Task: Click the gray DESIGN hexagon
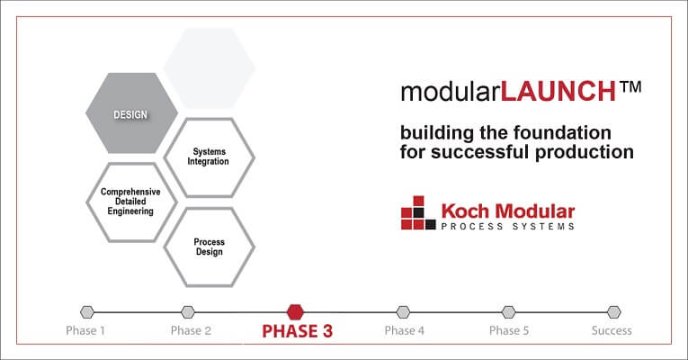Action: click(x=131, y=114)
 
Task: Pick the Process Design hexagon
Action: click(x=210, y=247)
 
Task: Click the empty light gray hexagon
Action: click(x=210, y=68)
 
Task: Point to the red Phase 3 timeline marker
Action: click(x=295, y=311)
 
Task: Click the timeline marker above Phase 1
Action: click(x=86, y=312)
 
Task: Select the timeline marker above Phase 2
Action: click(x=188, y=312)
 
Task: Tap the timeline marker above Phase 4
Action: click(x=403, y=312)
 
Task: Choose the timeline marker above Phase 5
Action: click(x=509, y=312)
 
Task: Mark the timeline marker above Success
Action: click(x=613, y=312)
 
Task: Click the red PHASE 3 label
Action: click(x=297, y=331)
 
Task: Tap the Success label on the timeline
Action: click(x=612, y=330)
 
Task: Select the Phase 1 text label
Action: click(x=85, y=330)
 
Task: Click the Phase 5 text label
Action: click(x=509, y=330)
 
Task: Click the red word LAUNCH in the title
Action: click(x=558, y=91)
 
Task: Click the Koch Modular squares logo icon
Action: click(x=418, y=213)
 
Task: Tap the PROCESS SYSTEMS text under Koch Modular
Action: click(x=507, y=227)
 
